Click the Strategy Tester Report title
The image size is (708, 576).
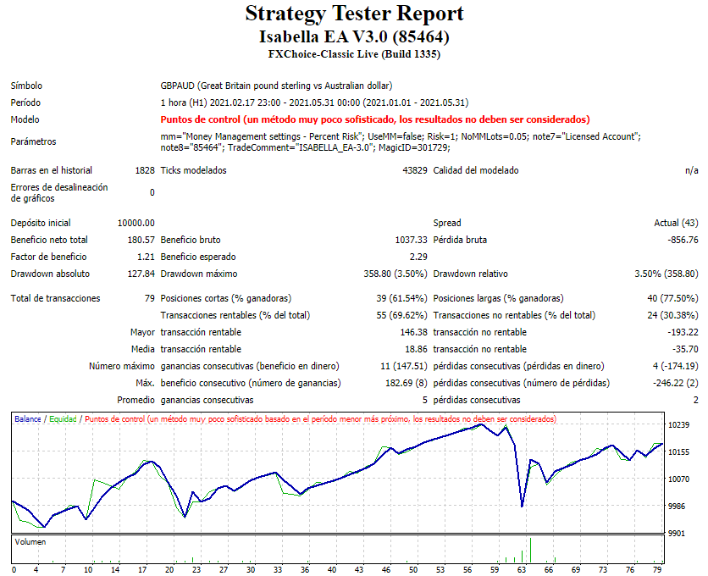[354, 14]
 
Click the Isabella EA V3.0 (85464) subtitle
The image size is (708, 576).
[354, 37]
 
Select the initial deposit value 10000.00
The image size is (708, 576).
[136, 223]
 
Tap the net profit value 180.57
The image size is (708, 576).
[141, 240]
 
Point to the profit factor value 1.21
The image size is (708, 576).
[146, 257]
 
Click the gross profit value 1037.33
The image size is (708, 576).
[407, 240]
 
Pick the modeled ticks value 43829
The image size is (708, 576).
[413, 170]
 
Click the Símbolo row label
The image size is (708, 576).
[26, 86]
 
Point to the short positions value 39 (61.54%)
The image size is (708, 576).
[395, 298]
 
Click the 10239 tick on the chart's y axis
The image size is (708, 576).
[680, 425]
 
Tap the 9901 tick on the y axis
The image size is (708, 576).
[678, 534]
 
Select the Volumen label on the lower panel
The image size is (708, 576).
[31, 541]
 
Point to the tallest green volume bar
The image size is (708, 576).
[531, 550]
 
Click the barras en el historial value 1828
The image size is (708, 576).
[144, 170]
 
